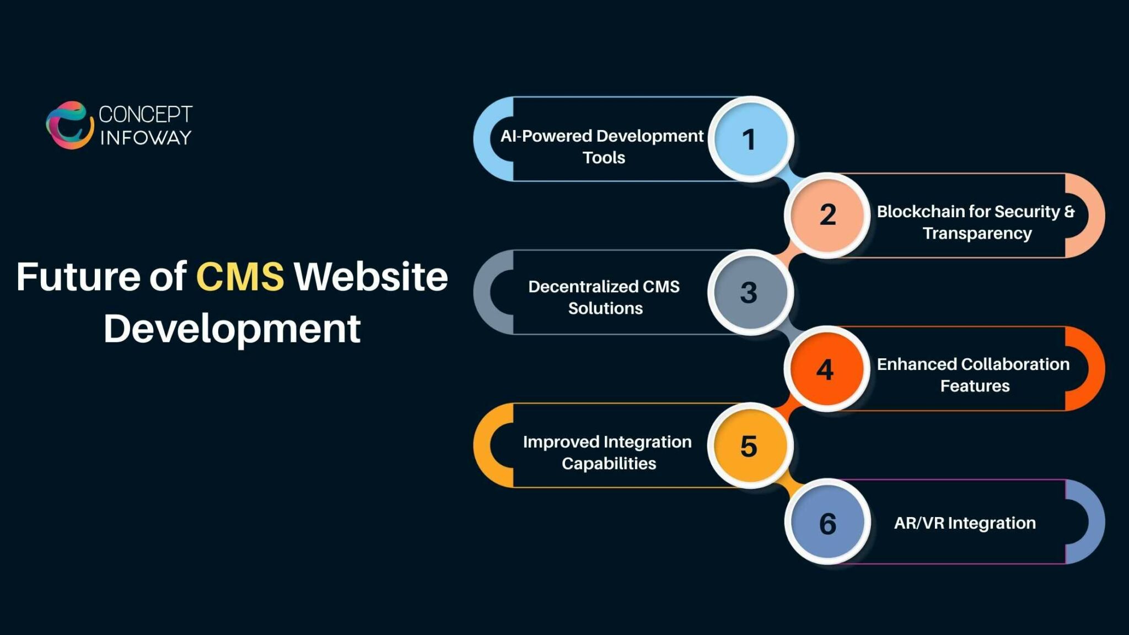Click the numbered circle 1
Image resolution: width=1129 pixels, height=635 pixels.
(x=750, y=139)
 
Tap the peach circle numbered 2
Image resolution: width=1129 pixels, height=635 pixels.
(x=827, y=215)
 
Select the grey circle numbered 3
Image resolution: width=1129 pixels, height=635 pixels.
(x=750, y=292)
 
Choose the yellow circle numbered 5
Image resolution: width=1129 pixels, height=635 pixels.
(x=750, y=445)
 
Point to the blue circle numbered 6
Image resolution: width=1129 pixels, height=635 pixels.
(x=827, y=522)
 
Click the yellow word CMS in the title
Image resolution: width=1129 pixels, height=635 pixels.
(x=240, y=276)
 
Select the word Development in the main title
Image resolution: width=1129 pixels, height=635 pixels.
(x=232, y=329)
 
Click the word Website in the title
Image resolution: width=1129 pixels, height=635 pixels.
(x=370, y=276)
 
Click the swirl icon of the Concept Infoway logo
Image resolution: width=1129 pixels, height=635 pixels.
(x=69, y=125)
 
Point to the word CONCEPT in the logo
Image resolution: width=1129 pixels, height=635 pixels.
(x=146, y=114)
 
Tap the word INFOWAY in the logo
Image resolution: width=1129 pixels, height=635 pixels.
(x=146, y=137)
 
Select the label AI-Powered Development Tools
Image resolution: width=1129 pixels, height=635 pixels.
(x=603, y=146)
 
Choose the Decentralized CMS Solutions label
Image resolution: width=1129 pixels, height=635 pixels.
(x=604, y=297)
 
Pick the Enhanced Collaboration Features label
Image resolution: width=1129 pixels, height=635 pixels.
(x=974, y=375)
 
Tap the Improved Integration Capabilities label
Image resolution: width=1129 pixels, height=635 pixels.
(x=607, y=452)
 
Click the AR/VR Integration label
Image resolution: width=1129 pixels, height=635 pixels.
(x=965, y=523)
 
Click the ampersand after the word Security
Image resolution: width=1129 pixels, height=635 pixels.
(x=1069, y=212)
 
